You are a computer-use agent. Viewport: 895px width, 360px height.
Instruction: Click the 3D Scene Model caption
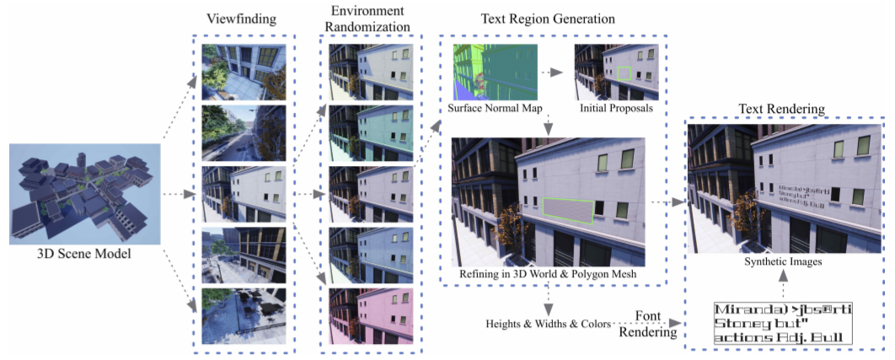tap(84, 253)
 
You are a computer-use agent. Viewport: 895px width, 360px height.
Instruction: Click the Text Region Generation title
tap(547, 19)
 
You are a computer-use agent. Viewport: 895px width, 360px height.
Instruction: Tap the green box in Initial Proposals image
tap(624, 73)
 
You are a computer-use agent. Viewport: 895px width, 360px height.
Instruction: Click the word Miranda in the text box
tap(742, 309)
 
